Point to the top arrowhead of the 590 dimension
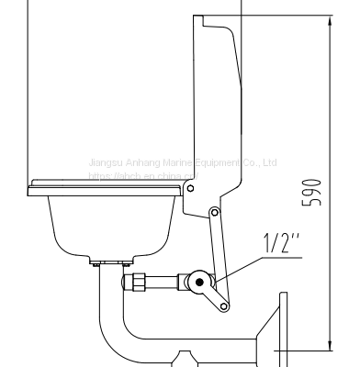coord(329,20)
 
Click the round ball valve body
coord(196,279)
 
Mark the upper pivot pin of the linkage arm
coord(214,213)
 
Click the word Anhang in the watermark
coord(138,163)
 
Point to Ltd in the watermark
coord(269,163)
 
